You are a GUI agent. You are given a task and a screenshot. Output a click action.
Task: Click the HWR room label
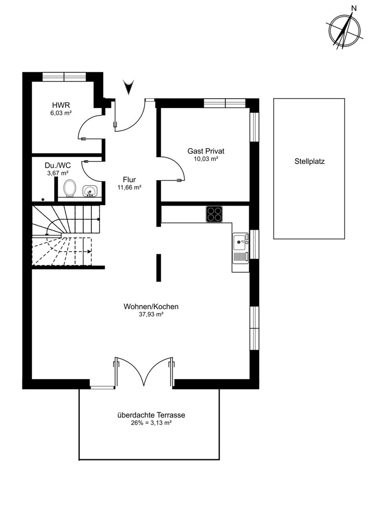point(61,105)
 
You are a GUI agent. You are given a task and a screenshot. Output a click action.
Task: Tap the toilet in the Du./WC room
point(70,188)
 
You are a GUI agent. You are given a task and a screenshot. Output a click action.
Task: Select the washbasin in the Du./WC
point(90,191)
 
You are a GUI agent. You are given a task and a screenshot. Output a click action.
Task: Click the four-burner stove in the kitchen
point(214,214)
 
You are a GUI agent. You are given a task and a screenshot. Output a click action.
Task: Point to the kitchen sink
point(241,248)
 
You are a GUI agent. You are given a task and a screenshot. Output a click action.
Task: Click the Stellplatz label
point(310,162)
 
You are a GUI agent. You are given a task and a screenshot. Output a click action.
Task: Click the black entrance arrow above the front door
point(128,86)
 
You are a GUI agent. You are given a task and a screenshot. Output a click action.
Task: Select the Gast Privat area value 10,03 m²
point(206,159)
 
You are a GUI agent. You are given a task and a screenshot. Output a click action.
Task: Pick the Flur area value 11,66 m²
point(129,187)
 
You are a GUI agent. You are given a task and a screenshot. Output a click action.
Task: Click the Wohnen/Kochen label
point(151,306)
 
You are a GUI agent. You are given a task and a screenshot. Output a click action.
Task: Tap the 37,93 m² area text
point(151,314)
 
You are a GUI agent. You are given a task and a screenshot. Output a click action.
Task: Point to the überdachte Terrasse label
point(151,415)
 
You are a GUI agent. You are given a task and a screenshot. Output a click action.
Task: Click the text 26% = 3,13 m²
point(151,423)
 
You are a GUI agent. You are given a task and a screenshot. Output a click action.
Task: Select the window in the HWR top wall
point(64,76)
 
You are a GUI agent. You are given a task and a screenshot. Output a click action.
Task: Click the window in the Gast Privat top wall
point(225,103)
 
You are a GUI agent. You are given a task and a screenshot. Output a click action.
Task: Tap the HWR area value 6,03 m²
point(61,113)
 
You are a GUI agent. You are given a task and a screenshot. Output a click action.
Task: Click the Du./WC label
point(58,165)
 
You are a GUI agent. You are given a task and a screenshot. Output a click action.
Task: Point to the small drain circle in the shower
point(43,199)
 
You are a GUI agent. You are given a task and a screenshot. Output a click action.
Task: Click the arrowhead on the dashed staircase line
point(89,252)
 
